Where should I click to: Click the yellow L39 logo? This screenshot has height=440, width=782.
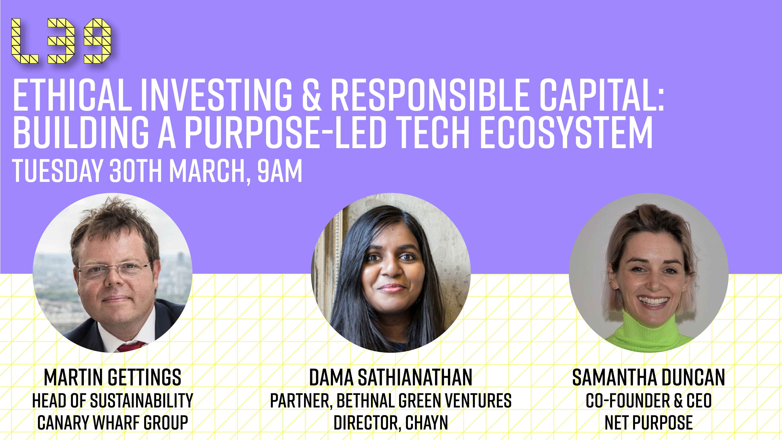[61, 41]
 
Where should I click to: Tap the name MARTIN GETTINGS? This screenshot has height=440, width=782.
[113, 377]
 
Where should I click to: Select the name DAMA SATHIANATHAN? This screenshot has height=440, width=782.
[391, 377]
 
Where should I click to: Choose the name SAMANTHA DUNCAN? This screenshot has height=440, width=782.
[649, 377]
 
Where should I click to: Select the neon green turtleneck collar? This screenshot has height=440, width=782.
[648, 326]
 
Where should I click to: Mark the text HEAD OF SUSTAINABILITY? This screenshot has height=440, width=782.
[113, 400]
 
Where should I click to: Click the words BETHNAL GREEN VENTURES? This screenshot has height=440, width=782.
[424, 400]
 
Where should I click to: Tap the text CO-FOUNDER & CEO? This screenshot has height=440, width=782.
[649, 400]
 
